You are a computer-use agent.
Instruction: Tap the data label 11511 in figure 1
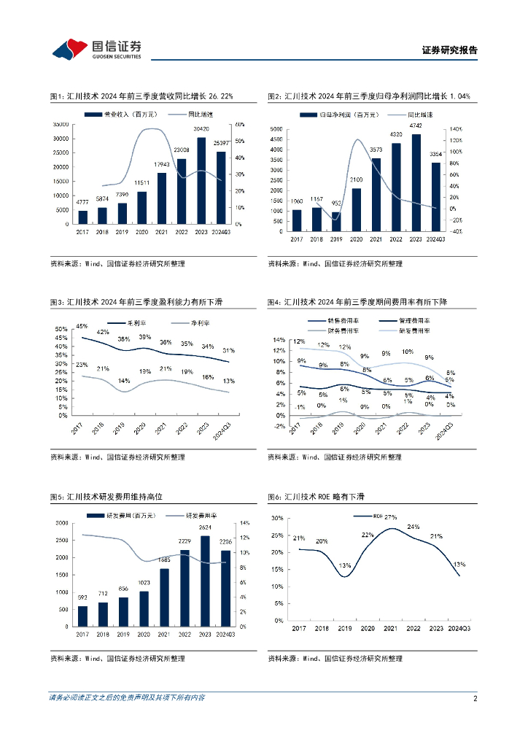[x=141, y=182]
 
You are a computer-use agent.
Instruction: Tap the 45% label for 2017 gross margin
[x=82, y=326]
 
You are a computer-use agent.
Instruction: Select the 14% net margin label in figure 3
[x=125, y=381]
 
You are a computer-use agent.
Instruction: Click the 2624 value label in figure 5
[x=206, y=527]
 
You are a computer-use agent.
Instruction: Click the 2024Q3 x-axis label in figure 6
[x=459, y=629]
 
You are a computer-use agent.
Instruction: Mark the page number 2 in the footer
[x=475, y=698]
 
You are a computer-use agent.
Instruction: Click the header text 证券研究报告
[x=450, y=50]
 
